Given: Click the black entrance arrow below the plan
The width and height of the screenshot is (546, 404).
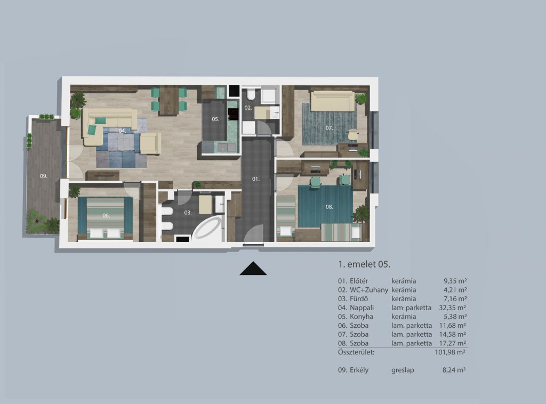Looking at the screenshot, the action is [253, 268].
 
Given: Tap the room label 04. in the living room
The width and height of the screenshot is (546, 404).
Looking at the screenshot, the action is [122, 131].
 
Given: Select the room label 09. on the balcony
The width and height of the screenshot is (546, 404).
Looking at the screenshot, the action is [44, 176].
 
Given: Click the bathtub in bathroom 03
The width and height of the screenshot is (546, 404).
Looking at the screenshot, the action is [208, 228].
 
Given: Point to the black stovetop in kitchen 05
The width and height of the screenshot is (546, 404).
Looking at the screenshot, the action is [233, 114].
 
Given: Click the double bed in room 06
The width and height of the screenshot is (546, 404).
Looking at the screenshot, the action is [105, 217].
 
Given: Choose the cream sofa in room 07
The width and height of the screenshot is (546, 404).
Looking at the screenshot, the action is [332, 101].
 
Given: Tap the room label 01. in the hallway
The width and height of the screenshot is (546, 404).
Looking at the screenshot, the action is [256, 179].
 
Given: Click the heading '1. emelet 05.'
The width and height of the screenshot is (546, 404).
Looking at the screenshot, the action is [364, 264].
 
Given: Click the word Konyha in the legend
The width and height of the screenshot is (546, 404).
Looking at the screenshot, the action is [362, 317].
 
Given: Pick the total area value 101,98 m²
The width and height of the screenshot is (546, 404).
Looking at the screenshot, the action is [450, 352].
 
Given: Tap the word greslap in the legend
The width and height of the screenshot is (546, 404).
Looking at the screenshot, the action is [403, 370].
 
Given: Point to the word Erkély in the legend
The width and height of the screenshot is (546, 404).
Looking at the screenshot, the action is [359, 370].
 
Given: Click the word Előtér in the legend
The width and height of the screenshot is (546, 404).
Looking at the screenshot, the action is [359, 281].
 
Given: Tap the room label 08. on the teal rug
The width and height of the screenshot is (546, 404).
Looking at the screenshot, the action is [330, 207].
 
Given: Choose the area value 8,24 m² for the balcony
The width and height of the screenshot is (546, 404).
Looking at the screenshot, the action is [454, 370].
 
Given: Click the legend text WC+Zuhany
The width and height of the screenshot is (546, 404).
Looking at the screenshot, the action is [369, 290].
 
